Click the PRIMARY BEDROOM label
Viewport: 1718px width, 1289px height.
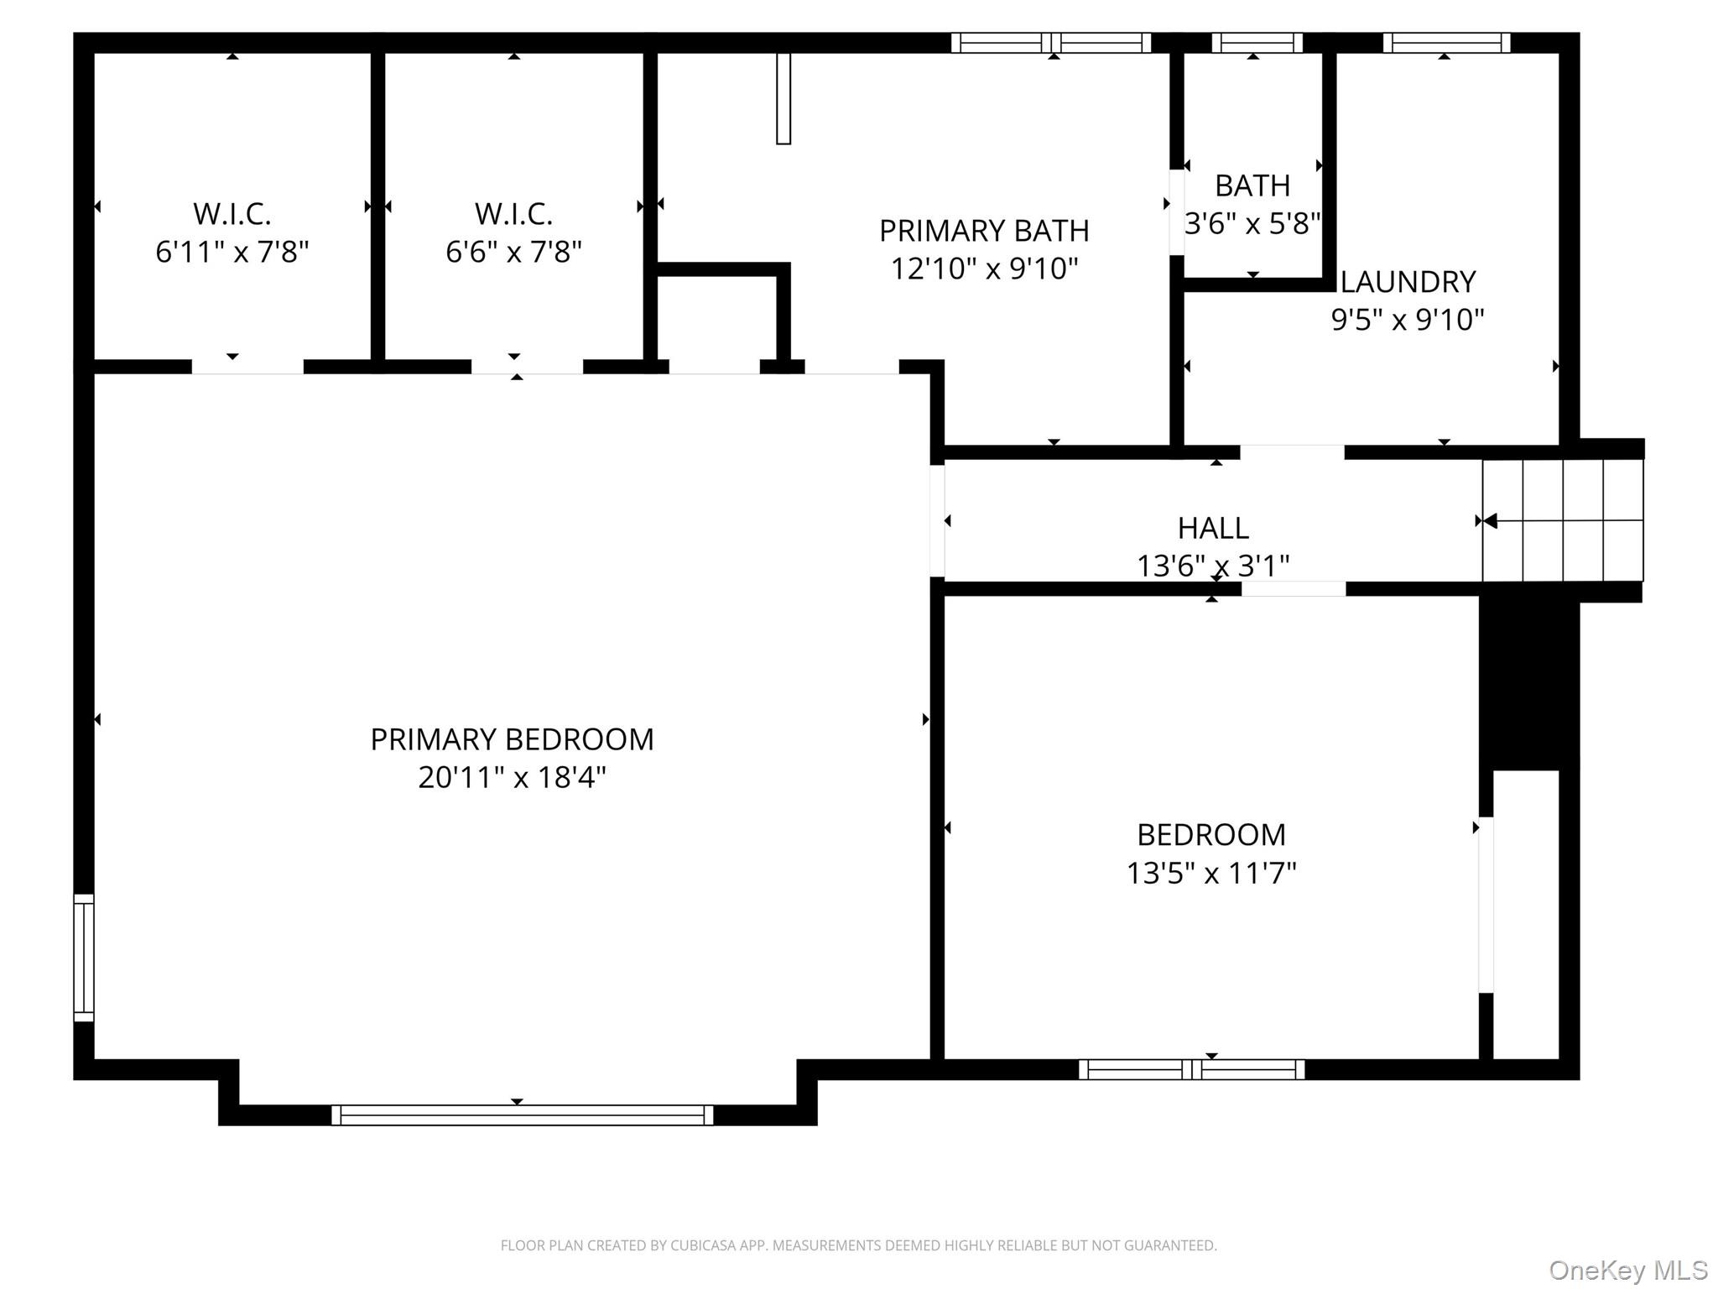coord(512,739)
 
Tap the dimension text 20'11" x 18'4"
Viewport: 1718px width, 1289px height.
coord(512,778)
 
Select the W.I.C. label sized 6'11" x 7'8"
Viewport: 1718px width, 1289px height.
coord(232,214)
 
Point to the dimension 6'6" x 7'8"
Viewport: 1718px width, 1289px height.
coord(513,252)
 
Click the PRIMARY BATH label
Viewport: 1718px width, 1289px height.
coord(984,231)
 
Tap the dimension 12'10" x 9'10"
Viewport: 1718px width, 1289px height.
coord(984,269)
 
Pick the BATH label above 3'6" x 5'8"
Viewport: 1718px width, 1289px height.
coord(1252,185)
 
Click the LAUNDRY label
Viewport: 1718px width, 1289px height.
coord(1408,282)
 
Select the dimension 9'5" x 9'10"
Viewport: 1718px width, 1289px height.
coord(1408,320)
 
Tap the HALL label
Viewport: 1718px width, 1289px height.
coord(1213,528)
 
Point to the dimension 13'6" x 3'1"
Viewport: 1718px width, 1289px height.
coord(1213,566)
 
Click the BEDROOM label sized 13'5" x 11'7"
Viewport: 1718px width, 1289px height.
coord(1210,835)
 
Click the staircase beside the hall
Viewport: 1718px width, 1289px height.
coord(1562,520)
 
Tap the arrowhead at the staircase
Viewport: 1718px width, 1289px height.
coord(1490,521)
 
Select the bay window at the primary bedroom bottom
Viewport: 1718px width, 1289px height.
coord(522,1115)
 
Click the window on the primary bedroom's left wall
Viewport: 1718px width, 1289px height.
coord(84,958)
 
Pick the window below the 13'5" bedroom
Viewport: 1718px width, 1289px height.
coord(1191,1069)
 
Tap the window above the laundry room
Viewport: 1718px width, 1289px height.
coord(1446,43)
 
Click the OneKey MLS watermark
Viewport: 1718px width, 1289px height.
coord(1628,1271)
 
